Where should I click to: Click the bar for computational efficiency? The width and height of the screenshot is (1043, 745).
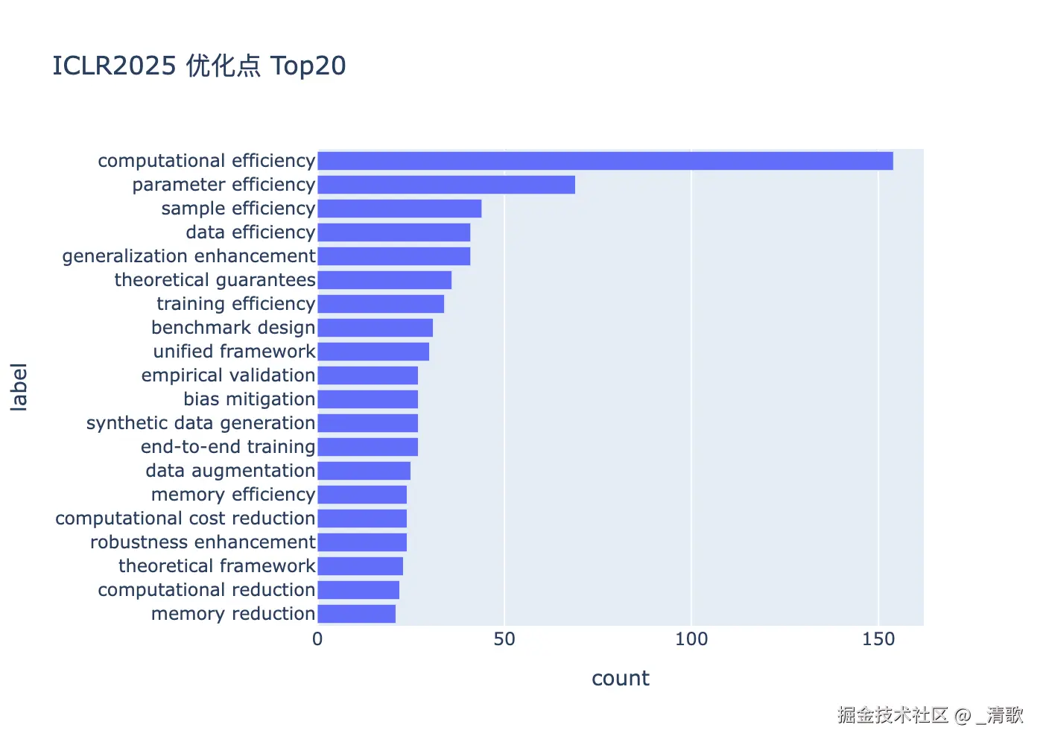(x=605, y=161)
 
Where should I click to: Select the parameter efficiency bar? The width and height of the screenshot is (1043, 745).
(x=446, y=185)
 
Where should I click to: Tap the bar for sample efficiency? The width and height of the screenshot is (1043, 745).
(x=399, y=209)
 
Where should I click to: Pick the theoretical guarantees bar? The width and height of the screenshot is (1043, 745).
(x=384, y=280)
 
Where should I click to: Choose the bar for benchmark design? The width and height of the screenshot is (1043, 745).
(x=375, y=328)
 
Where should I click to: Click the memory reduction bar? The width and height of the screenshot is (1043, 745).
(x=357, y=614)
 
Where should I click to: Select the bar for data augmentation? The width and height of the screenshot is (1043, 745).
(x=364, y=471)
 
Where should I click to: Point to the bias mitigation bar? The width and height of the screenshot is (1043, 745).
(x=368, y=399)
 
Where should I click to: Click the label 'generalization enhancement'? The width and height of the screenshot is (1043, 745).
(x=189, y=256)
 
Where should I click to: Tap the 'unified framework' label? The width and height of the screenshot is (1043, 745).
(x=234, y=352)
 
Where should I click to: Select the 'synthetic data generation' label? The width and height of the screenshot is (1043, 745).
(x=200, y=423)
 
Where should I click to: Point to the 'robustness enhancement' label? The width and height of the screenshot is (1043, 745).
(x=203, y=542)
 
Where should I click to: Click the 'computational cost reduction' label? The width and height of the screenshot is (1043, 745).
(x=186, y=519)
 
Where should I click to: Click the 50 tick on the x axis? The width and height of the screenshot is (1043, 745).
(x=504, y=639)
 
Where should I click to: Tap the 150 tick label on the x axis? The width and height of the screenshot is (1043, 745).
(x=878, y=639)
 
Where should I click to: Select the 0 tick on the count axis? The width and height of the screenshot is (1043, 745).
(x=317, y=639)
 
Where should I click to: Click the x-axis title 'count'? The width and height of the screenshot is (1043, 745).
(x=620, y=679)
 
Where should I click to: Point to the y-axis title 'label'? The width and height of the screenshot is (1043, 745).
(x=19, y=387)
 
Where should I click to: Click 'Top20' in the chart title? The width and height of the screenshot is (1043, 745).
(x=308, y=66)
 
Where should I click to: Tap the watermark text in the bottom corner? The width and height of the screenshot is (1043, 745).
(x=930, y=714)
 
